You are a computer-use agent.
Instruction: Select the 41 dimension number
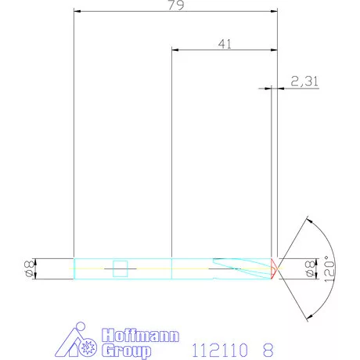(224, 45)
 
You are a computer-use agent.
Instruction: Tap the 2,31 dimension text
(304, 81)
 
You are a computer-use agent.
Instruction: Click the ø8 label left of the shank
(27, 268)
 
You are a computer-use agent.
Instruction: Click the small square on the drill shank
(120, 268)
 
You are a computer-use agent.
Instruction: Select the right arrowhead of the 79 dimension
(274, 13)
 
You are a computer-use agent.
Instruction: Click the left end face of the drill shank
(74, 268)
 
